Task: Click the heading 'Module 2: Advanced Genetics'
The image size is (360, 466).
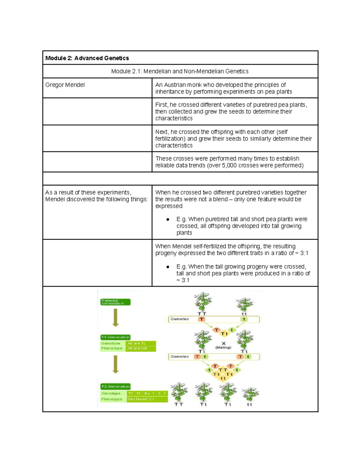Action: point(87,58)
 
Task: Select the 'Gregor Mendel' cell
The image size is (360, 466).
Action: point(65,85)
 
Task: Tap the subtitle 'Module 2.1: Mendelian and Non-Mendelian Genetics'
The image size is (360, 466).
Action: point(180,71)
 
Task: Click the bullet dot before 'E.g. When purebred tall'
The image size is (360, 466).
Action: point(168,219)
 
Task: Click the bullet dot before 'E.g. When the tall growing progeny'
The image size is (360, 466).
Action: point(168,267)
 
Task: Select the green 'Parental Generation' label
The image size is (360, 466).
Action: point(115,302)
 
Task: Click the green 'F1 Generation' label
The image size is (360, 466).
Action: point(115,337)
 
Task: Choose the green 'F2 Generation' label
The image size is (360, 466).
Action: point(115,386)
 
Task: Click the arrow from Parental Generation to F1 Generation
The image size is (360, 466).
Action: point(115,318)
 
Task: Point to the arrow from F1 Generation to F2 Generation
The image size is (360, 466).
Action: point(115,364)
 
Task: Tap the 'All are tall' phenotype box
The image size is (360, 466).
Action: point(140,348)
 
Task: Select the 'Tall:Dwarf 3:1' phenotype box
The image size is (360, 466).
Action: point(147,399)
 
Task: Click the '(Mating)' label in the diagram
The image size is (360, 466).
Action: point(223,347)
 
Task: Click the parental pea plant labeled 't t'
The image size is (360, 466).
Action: point(244,304)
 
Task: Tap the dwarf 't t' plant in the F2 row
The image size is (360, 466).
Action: point(250,394)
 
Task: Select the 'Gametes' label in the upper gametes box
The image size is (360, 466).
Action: point(179,319)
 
